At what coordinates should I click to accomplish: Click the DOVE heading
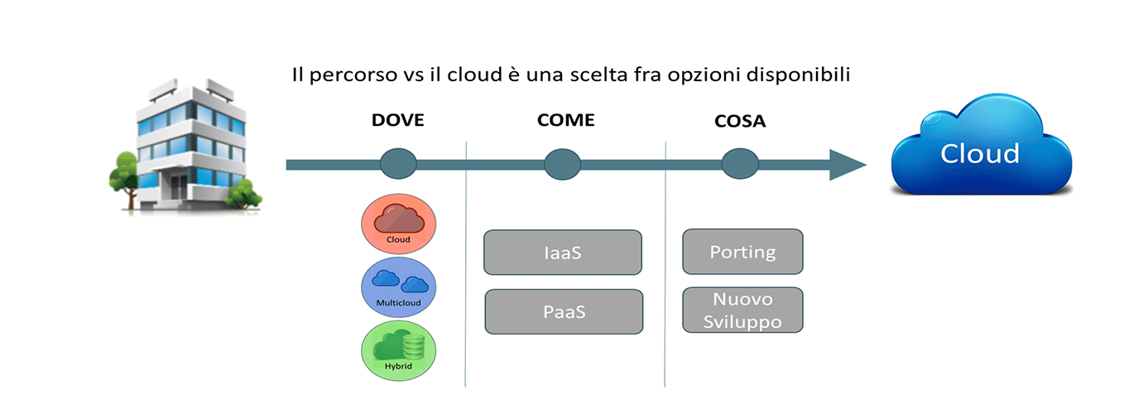point(397,120)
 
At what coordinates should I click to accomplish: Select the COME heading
point(565,120)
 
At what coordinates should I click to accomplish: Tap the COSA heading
point(740,121)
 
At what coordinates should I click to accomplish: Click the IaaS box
point(563,253)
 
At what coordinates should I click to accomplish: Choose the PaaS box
point(564,311)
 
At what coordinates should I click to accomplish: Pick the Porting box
point(743,252)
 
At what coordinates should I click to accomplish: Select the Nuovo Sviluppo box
point(743,310)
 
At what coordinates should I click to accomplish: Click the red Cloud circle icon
point(398,224)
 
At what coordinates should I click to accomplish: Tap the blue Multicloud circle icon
point(398,287)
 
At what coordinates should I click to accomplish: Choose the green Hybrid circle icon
point(398,350)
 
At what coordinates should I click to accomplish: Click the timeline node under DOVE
point(398,164)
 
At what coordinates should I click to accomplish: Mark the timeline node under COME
point(563,164)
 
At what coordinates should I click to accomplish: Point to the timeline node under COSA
point(740,164)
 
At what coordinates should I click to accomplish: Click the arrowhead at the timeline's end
point(847,165)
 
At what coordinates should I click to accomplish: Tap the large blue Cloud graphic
point(982,145)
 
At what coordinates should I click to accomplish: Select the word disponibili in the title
point(799,75)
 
